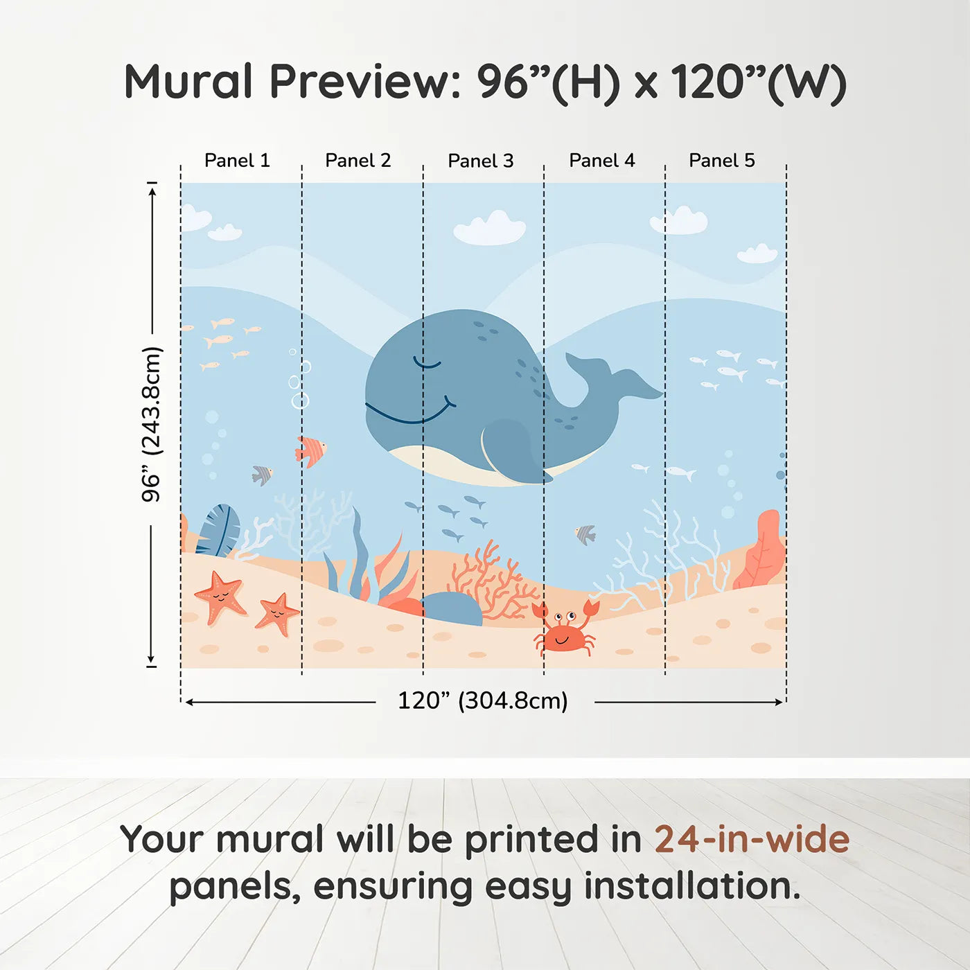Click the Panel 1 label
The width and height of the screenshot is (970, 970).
[x=237, y=161]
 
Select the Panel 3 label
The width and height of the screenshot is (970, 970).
[x=480, y=161]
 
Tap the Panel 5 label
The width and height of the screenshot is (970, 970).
[x=721, y=161]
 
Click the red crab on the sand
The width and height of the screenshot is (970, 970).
[x=565, y=632]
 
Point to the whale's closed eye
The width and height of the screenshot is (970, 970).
[x=427, y=362]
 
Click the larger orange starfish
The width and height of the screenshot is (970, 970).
[x=220, y=595]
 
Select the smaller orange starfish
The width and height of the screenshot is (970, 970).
[x=277, y=613]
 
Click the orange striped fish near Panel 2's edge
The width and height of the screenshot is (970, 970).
[x=311, y=451]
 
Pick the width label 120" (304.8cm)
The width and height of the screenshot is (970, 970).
[x=482, y=700]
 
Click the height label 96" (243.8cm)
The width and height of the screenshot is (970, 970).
[x=151, y=424]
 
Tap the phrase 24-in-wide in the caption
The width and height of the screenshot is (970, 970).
[x=751, y=839]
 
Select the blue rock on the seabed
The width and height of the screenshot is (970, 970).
[x=452, y=608]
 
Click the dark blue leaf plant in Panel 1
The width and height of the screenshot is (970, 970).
[x=218, y=531]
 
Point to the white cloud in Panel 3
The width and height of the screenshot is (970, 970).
[x=490, y=229]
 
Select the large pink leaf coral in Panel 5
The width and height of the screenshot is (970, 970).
[x=762, y=551]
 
